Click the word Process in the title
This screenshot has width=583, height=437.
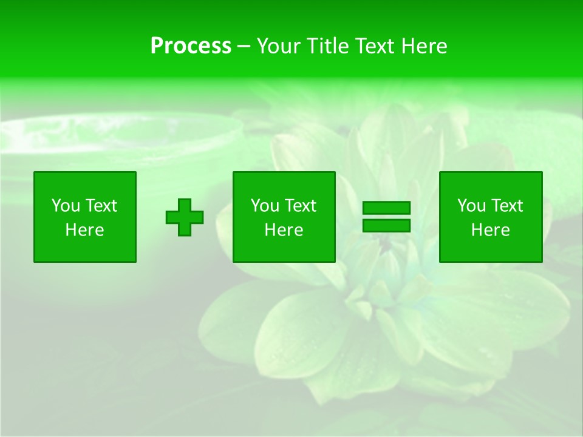191,46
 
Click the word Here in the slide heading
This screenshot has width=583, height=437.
423,46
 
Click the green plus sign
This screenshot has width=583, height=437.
185,217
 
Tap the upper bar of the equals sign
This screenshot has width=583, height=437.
386,208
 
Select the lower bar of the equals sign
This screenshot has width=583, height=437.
386,226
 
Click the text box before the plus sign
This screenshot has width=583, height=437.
85,217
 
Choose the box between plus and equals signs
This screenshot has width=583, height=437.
284,217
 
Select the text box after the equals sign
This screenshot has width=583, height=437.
491,217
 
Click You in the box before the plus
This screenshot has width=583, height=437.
66,206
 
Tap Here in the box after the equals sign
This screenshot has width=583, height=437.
491,230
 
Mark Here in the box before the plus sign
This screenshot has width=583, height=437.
85,230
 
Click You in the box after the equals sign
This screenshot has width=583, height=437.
471,206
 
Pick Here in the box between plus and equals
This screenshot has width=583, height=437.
284,230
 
